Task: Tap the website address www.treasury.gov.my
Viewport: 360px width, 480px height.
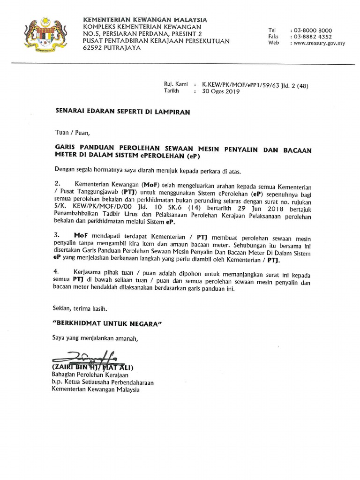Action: click(x=319, y=43)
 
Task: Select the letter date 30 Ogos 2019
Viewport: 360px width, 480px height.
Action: click(x=220, y=92)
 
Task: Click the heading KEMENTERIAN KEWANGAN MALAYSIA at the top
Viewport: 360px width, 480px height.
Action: click(x=144, y=20)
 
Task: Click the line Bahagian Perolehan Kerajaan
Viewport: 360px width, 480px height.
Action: click(x=90, y=375)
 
